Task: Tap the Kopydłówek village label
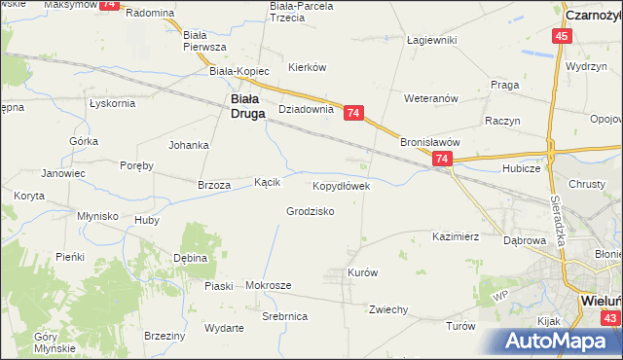[341, 185]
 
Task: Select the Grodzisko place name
[311, 211]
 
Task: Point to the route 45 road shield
[562, 36]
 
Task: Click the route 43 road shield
[610, 318]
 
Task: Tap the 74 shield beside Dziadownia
[353, 114]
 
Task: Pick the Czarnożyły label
[593, 16]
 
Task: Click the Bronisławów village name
[429, 141]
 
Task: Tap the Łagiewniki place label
[432, 40]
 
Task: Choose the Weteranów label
[431, 98]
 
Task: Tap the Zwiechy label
[387, 309]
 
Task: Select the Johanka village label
[189, 146]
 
